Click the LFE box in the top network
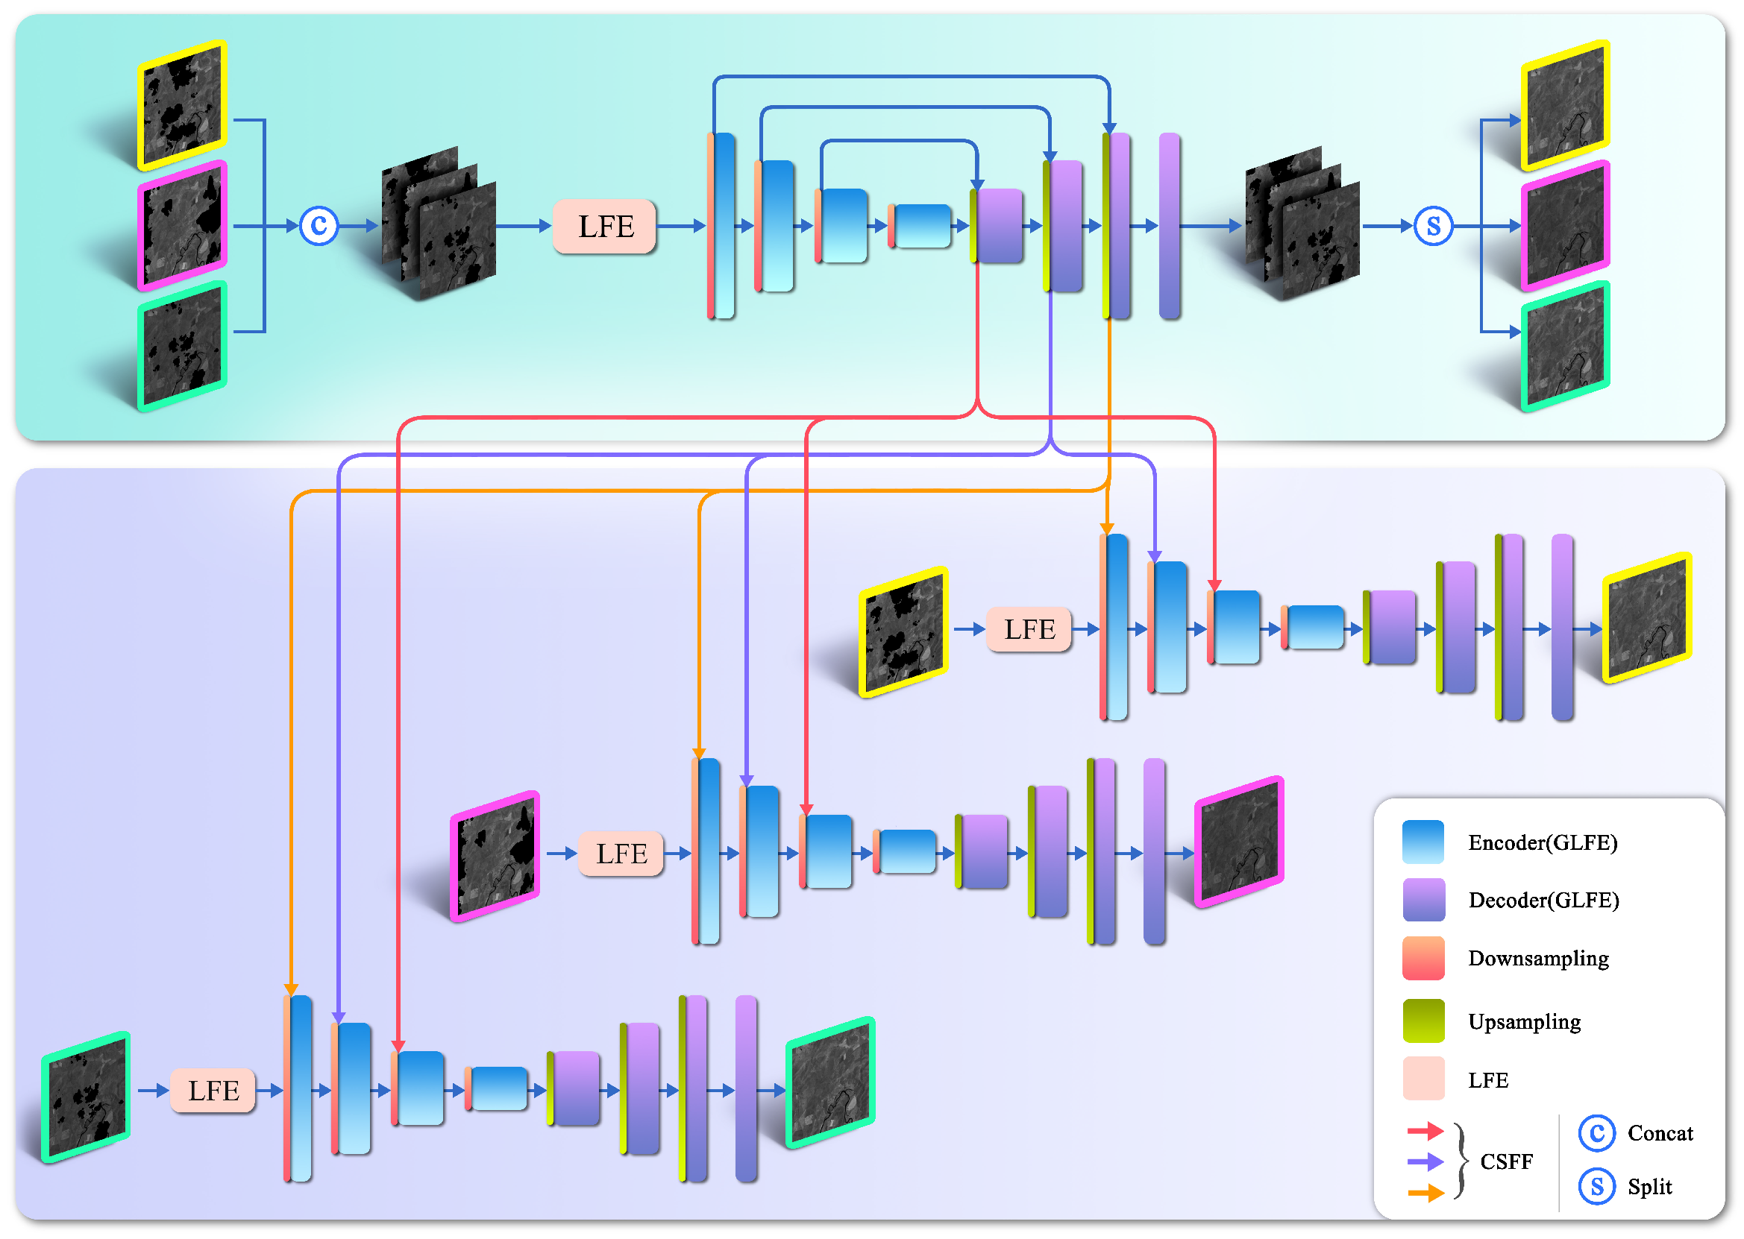[603, 227]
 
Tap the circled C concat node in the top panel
[319, 226]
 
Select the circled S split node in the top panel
[1434, 226]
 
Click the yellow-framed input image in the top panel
[183, 105]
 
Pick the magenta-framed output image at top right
[1566, 226]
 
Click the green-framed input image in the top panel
[183, 347]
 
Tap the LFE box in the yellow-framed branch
[1029, 629]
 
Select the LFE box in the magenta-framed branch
[621, 854]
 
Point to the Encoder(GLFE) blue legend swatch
[1423, 842]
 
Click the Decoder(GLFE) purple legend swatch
[1423, 901]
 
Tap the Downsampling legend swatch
[1423, 958]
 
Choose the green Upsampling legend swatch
[1423, 1021]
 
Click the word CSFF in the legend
[1506, 1161]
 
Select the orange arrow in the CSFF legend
[1425, 1193]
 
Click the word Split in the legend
[1649, 1186]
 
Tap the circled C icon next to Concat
[1596, 1133]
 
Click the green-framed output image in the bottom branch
[829, 1082]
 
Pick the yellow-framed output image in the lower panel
[1646, 618]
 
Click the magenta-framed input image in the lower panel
[495, 857]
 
